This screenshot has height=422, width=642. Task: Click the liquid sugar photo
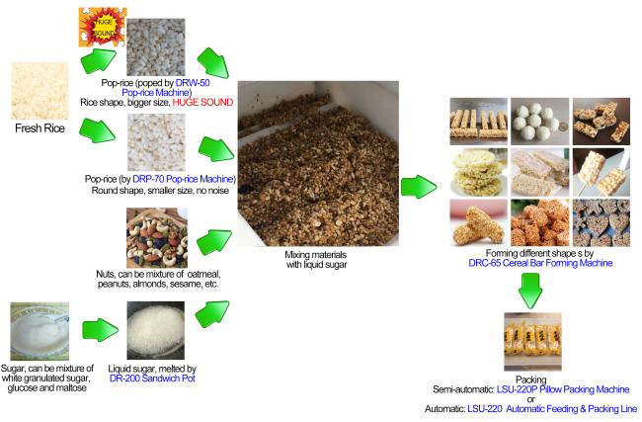click(160, 333)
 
